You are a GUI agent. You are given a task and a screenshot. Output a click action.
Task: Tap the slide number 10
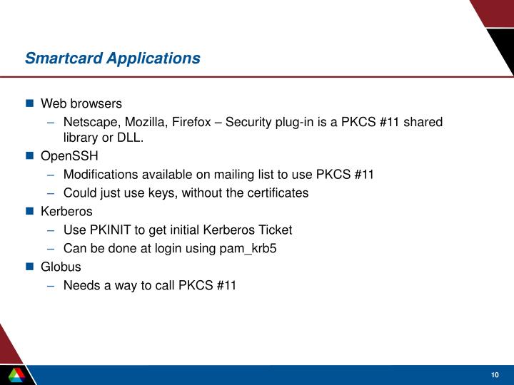(494, 375)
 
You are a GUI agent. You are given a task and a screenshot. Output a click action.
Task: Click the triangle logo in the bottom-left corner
(15, 374)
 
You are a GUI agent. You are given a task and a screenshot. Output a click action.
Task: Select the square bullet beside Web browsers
(30, 103)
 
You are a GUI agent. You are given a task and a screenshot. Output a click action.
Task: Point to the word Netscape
(89, 122)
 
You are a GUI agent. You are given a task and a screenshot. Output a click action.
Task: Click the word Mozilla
(145, 122)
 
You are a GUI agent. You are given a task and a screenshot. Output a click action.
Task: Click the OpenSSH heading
(69, 155)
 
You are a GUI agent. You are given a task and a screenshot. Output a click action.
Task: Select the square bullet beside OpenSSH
(30, 155)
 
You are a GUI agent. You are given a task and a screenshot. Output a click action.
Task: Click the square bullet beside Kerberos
(30, 211)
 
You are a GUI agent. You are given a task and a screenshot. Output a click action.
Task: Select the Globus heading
(61, 267)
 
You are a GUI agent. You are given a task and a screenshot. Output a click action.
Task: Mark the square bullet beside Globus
(30, 267)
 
